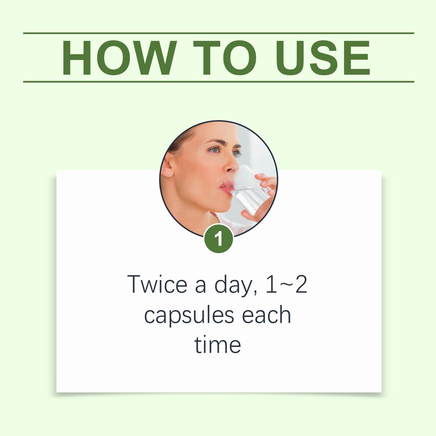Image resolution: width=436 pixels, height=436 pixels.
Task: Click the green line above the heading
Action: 218,33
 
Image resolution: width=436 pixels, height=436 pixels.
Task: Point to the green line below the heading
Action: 218,82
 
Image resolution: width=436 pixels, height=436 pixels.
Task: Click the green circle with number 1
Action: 218,239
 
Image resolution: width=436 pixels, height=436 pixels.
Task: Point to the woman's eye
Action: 215,150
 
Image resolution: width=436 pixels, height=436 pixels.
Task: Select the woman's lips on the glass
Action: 227,187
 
